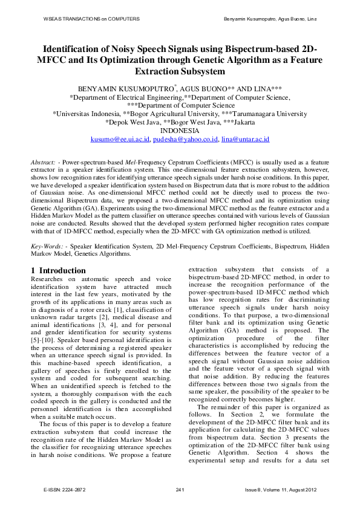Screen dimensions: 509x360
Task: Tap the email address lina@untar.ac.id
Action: pyautogui.click(x=245, y=139)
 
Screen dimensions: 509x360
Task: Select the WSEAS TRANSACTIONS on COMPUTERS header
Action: pyautogui.click(x=91, y=19)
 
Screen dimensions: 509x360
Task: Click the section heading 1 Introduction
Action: pyautogui.click(x=58, y=270)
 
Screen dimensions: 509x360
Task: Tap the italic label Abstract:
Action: pyautogui.click(x=44, y=163)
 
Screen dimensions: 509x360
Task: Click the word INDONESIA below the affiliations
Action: pyautogui.click(x=180, y=131)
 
